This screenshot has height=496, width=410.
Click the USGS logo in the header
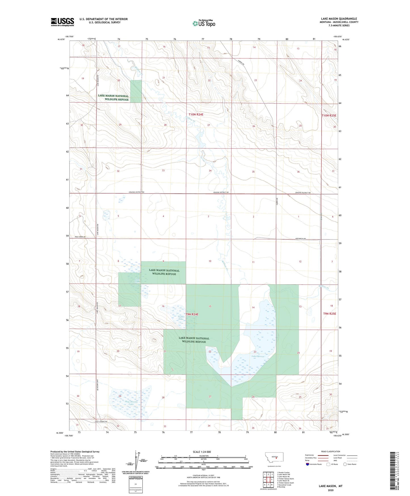(x=62, y=22)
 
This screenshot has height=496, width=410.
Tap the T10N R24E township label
(x=196, y=114)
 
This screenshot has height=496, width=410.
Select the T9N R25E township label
(x=329, y=314)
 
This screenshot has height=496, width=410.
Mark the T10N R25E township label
(x=329, y=116)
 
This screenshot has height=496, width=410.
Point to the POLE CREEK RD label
(x=80, y=237)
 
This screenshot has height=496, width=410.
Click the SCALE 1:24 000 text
(x=202, y=452)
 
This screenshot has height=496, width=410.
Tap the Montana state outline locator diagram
(x=274, y=457)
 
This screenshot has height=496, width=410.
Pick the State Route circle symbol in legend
(x=345, y=464)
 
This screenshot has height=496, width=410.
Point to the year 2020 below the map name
(x=330, y=490)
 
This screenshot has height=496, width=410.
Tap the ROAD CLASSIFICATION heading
(x=331, y=451)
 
